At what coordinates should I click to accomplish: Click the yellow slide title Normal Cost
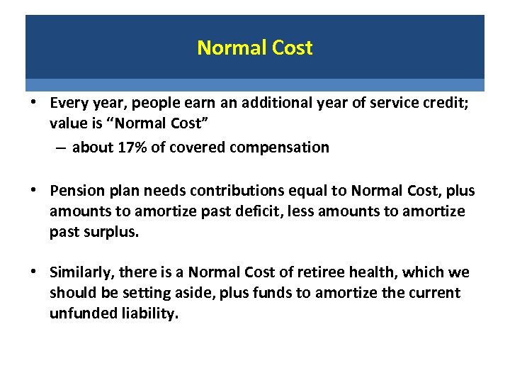[x=254, y=48]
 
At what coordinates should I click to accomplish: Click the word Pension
[x=74, y=191]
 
